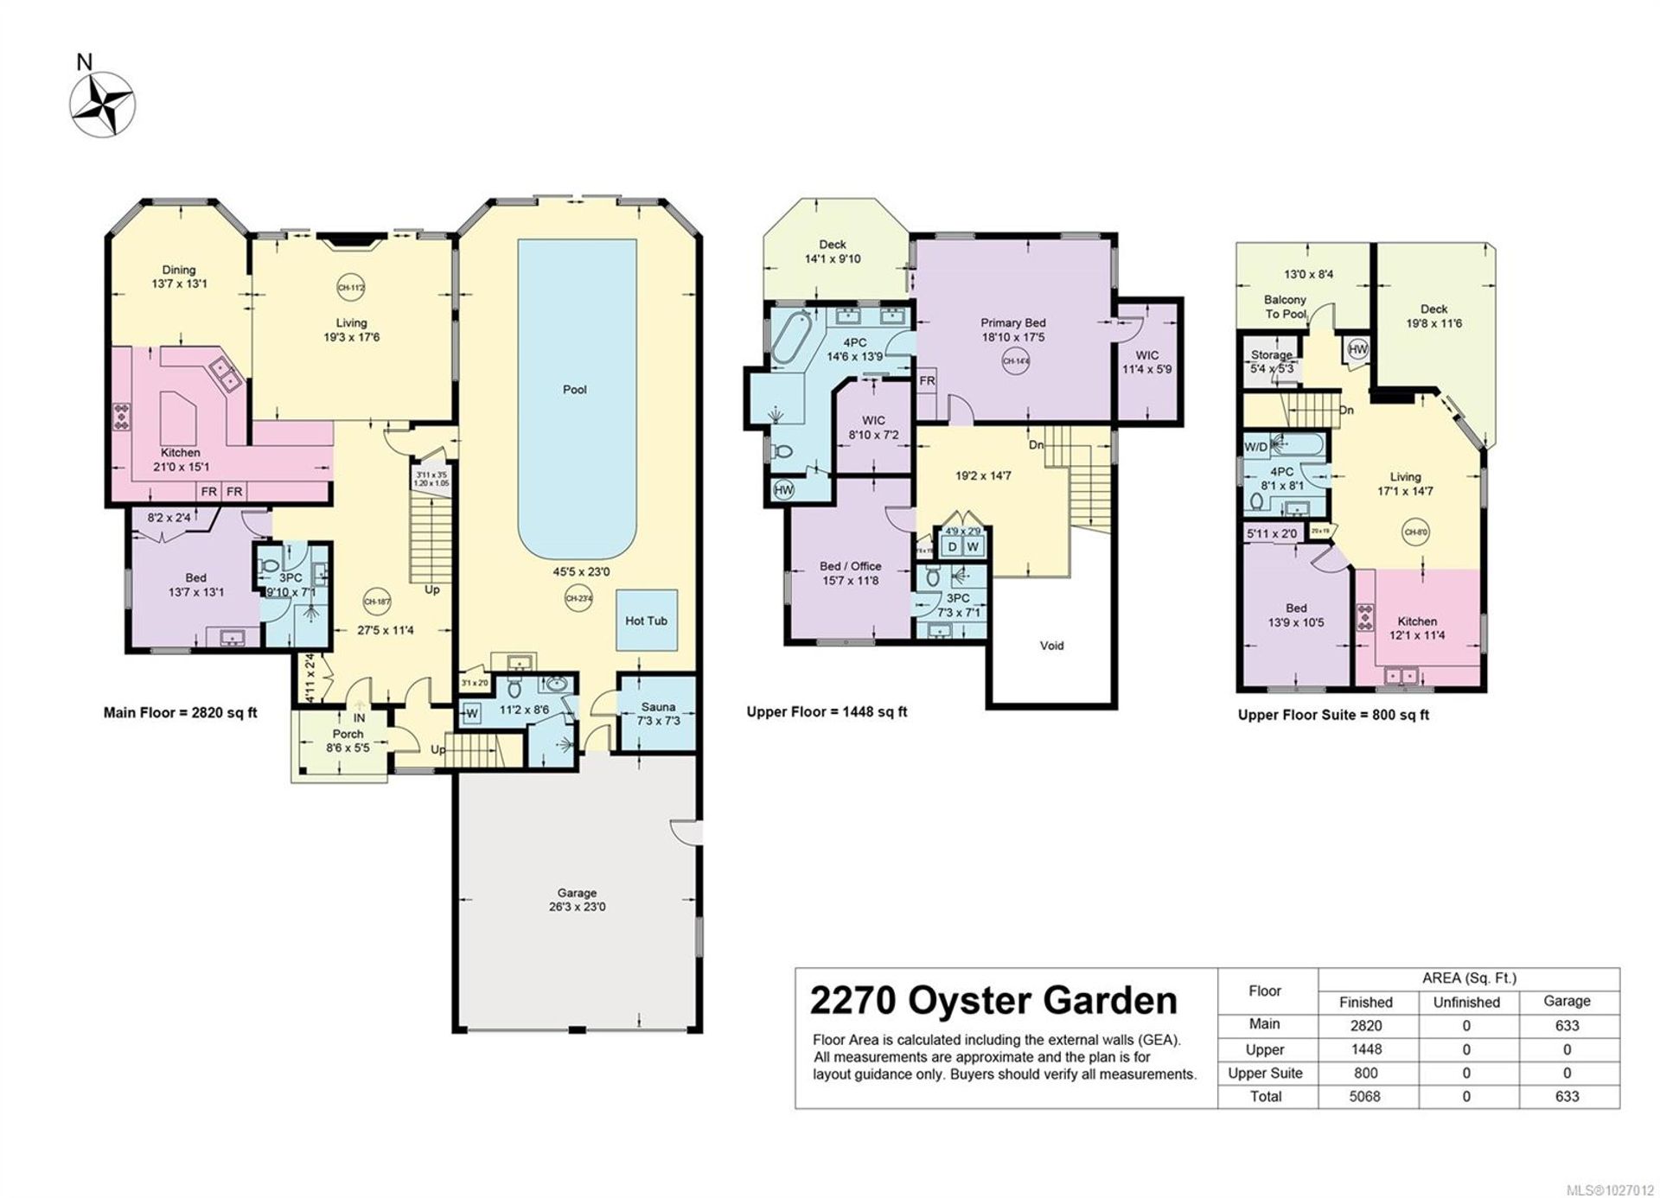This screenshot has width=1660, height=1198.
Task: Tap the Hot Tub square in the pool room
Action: pos(646,621)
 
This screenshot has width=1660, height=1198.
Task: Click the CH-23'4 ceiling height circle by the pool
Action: pos(578,598)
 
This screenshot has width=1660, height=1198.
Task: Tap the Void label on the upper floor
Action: pos(1051,646)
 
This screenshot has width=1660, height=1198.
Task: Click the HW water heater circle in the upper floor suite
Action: pos(1357,350)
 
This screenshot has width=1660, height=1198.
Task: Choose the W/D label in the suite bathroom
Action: pos(1255,447)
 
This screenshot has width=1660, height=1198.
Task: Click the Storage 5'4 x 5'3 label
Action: pos(1272,361)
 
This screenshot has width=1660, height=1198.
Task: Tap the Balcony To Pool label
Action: pos(1285,307)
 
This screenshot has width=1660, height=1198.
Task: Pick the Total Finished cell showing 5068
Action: pos(1366,1096)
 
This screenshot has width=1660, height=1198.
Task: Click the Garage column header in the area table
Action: pos(1566,1001)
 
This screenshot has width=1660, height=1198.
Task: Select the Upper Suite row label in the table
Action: pos(1265,1073)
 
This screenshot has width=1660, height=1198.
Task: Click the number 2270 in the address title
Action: pos(852,1001)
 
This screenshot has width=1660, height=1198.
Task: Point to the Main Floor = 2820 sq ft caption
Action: pos(180,713)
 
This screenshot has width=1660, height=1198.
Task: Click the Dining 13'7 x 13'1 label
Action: pos(179,277)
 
